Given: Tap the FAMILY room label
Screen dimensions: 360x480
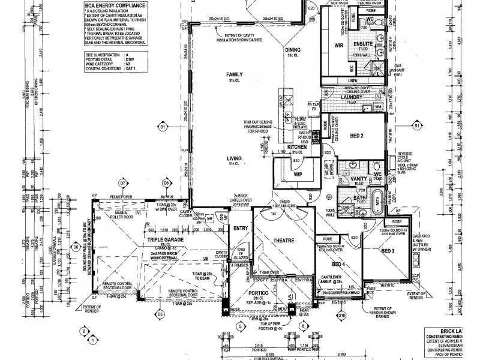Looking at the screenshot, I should pos(233,74).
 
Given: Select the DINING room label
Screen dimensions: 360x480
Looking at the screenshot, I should pos(293,50).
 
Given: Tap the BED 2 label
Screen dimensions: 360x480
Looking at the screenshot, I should pos(357,136).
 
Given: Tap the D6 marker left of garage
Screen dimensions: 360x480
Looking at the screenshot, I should pos(76,247).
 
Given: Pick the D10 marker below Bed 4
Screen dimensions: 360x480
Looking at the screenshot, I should pos(341,314).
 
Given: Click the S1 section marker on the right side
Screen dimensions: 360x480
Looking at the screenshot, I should pos(416,126).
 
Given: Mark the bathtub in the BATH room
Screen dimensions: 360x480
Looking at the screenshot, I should pos(377,199).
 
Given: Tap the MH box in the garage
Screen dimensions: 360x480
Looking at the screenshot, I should pos(208,219).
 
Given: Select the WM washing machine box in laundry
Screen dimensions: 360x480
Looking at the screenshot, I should pos(378,107).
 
